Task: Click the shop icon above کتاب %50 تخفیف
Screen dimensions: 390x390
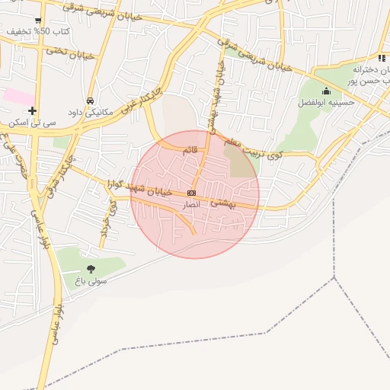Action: coord(37,20)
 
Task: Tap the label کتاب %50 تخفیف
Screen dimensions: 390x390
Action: coord(38,31)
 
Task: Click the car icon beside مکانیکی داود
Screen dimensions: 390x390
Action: coord(90,100)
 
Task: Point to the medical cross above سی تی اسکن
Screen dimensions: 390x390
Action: coord(32,110)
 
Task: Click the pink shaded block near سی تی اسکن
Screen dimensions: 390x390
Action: coord(19,97)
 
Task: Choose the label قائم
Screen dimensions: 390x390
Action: coord(190,150)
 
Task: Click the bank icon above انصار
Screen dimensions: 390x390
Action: coord(190,193)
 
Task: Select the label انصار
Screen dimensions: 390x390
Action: coord(190,205)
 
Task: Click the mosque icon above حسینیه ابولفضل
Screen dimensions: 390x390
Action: coord(326,91)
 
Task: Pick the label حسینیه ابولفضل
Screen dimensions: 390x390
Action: coord(323,102)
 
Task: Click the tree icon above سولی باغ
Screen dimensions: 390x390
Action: coord(91,268)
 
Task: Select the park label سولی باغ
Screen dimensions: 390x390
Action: coord(91,280)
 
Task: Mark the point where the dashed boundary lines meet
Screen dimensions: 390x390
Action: coord(334,278)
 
